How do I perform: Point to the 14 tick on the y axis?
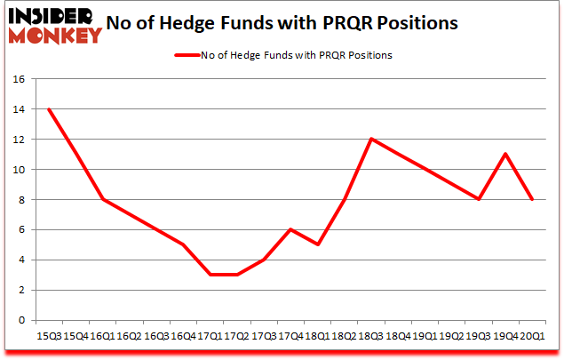20,109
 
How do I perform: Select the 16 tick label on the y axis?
20,79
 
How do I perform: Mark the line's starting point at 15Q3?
49,109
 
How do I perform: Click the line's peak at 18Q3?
370,139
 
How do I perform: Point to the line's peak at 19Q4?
504,154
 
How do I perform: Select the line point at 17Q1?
210,275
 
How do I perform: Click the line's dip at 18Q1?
317,244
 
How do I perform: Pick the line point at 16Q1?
102,199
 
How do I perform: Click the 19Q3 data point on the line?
478,199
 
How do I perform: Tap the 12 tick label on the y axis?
20,140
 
